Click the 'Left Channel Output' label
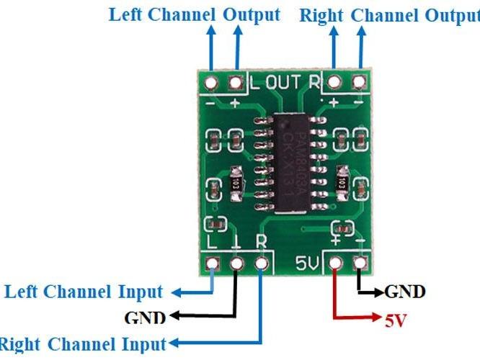(194, 14)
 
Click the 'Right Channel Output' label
(389, 15)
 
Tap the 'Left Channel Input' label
(84, 292)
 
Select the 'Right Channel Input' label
(82, 343)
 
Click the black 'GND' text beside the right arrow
(404, 292)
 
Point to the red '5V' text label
(396, 321)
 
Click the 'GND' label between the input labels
(145, 318)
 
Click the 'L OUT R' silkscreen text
(284, 81)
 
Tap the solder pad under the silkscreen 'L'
(212, 264)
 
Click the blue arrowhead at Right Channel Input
(174, 343)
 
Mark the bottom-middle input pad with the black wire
(236, 264)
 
